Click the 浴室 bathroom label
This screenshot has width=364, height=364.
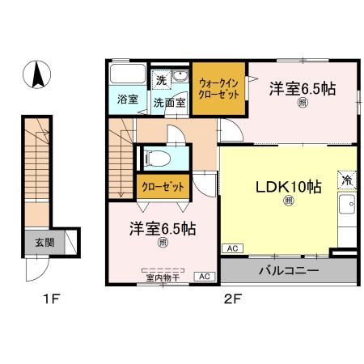128,101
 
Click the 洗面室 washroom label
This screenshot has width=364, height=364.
170,102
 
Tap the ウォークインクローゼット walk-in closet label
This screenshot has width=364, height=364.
218,87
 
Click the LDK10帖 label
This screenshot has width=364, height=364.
289,186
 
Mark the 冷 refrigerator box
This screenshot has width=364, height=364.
347,180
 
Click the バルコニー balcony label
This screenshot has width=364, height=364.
289,270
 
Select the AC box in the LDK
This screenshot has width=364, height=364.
231,249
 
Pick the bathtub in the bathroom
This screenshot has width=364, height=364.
127,77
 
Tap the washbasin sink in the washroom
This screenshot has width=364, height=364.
180,78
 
